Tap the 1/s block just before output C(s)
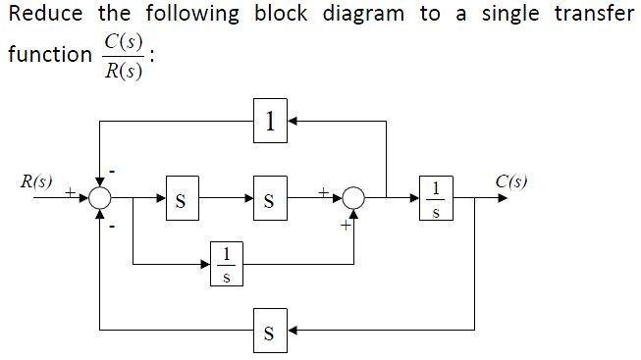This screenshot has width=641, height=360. (436, 199)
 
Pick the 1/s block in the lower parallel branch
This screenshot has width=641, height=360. (226, 265)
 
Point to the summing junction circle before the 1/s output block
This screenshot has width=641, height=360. (353, 200)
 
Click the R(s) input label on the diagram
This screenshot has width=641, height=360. (36, 181)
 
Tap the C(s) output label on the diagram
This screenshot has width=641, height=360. (510, 181)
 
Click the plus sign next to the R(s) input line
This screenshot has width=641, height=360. (71, 192)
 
